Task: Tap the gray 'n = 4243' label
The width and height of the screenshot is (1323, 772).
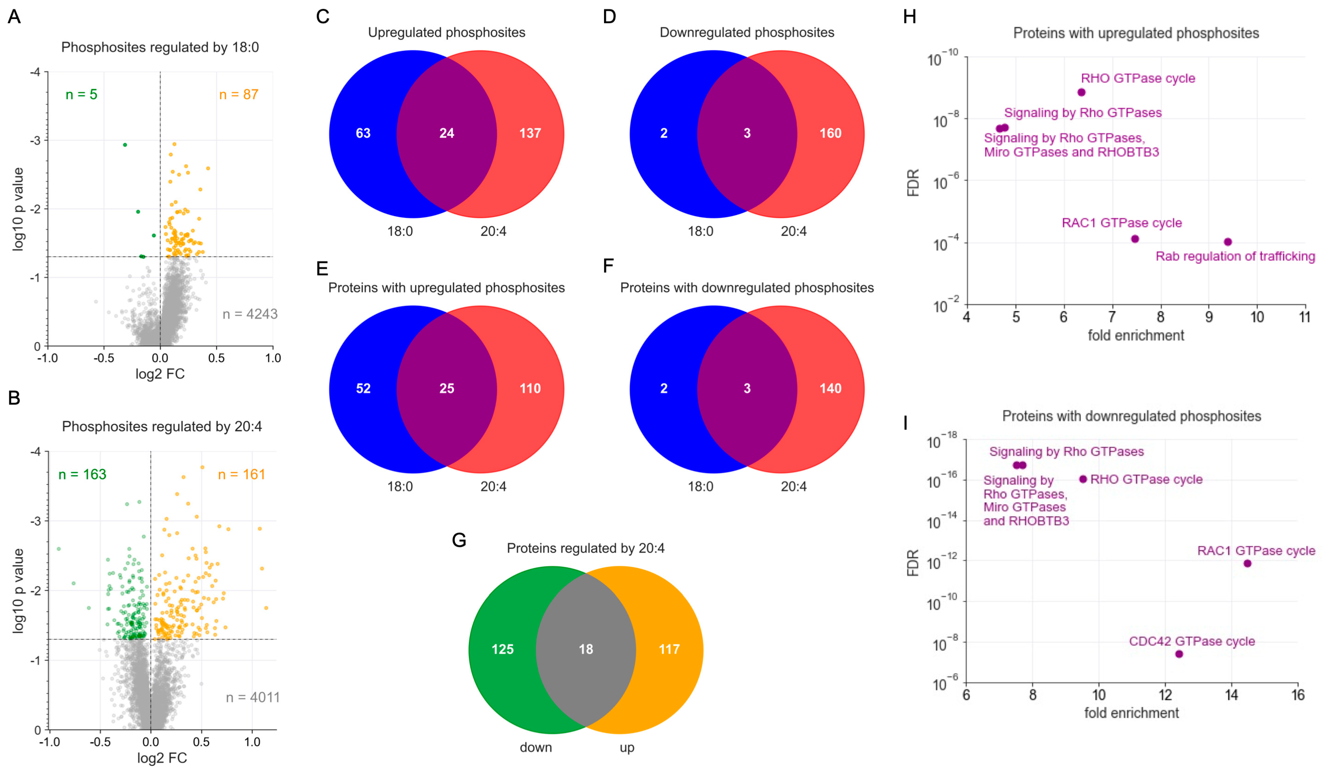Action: click(x=250, y=314)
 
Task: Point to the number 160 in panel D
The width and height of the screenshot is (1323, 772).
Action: click(x=830, y=133)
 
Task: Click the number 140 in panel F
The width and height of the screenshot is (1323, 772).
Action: click(x=830, y=389)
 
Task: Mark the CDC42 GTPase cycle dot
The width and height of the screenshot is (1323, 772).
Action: click(x=1179, y=654)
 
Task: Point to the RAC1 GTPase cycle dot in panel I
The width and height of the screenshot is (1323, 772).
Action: click(x=1247, y=564)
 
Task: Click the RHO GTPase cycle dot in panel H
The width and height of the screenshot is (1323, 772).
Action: click(x=1081, y=93)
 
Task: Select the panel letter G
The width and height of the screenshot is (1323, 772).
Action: click(x=459, y=540)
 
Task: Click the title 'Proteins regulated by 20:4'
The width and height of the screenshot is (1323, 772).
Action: click(x=585, y=548)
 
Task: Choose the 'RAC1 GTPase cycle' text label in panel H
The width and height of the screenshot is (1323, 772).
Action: click(x=1121, y=223)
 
